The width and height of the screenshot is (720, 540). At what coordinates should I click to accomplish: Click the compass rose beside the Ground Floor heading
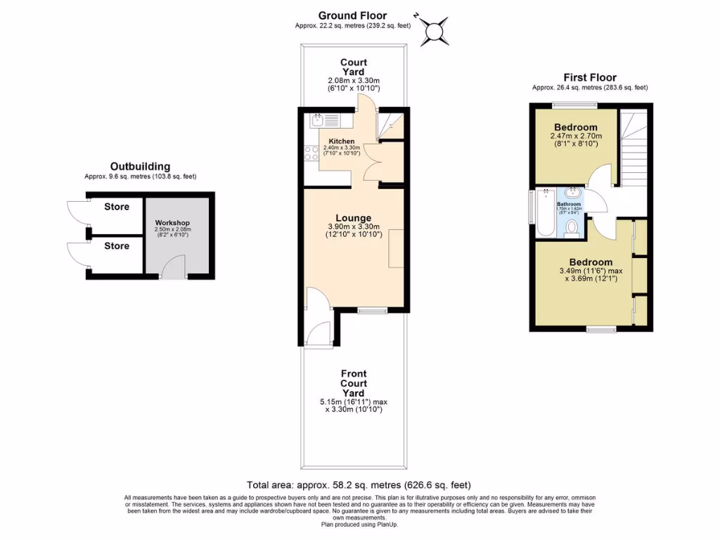(435, 31)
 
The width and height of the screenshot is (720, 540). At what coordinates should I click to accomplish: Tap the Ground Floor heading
(352, 15)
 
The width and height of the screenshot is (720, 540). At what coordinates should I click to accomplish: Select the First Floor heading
(589, 77)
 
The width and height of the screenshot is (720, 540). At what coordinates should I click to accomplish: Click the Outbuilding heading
(140, 166)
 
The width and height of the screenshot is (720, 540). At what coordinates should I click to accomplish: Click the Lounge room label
(353, 217)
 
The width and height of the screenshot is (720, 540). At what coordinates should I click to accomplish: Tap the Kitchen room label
(341, 141)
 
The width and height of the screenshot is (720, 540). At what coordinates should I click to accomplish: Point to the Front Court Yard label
(353, 383)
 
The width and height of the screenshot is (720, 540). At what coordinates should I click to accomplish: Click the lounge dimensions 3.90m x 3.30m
(353, 226)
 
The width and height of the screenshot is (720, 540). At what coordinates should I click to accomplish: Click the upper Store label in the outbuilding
(117, 207)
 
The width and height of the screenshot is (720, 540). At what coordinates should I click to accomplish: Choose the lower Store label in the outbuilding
(117, 245)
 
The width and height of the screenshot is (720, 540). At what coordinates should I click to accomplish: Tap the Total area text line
(359, 485)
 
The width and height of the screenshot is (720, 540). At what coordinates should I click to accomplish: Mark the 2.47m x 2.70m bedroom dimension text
(576, 136)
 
